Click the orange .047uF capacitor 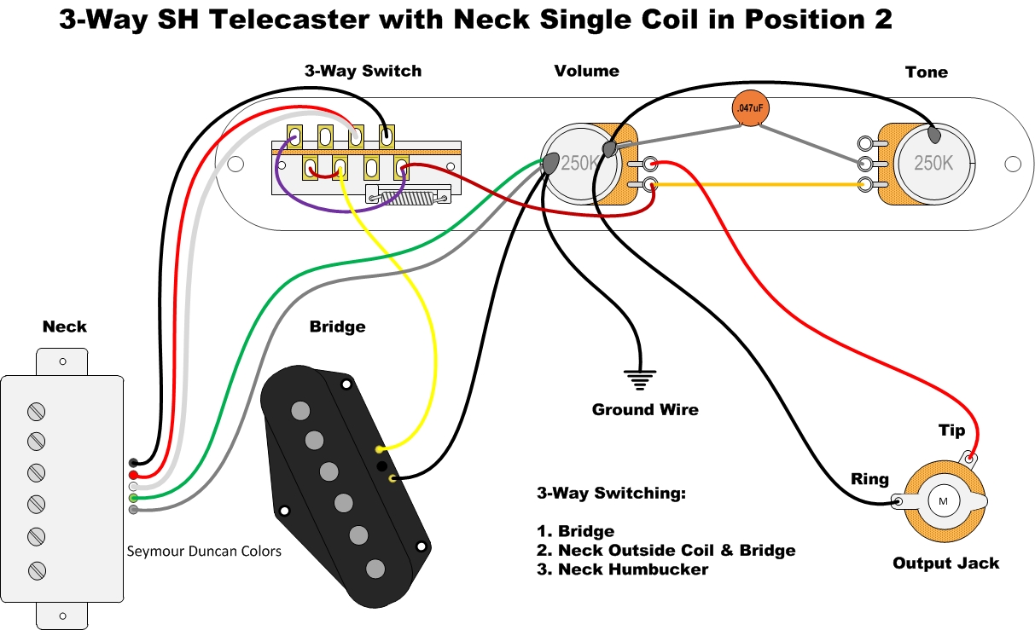[x=748, y=109]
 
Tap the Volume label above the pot [x=586, y=71]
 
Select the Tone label [x=926, y=72]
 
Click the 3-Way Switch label [x=363, y=71]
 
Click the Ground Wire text [x=645, y=410]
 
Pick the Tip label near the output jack [x=951, y=431]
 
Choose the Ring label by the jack [x=869, y=479]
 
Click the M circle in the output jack [x=943, y=500]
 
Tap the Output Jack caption [x=945, y=563]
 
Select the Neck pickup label [x=64, y=327]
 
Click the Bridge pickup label [x=337, y=327]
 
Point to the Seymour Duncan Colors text [x=203, y=551]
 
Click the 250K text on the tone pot [x=933, y=163]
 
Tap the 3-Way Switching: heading [x=611, y=494]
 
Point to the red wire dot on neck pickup [x=134, y=475]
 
